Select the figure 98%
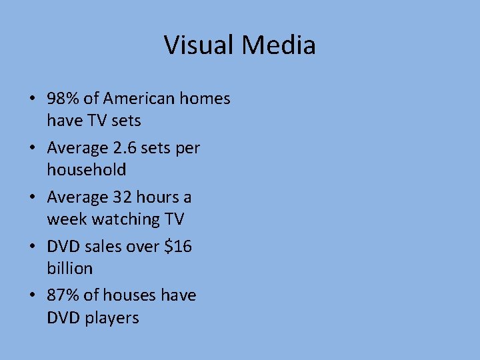(x=63, y=99)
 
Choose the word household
(x=86, y=170)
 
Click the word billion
(x=69, y=268)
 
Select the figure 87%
(x=63, y=295)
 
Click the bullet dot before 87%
(x=31, y=296)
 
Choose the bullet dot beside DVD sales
(x=31, y=247)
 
